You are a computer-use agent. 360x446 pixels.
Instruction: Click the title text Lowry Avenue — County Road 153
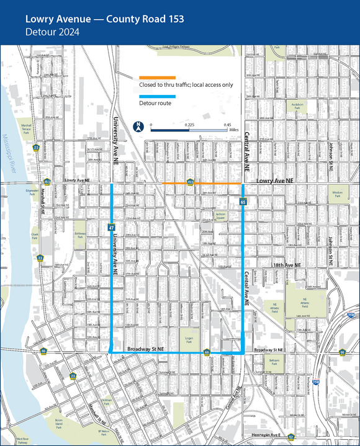click(x=104, y=19)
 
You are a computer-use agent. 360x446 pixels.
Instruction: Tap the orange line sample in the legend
click(x=158, y=77)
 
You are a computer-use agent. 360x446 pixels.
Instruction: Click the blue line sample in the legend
click(x=158, y=96)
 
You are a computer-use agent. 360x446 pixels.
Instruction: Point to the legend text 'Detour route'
click(x=155, y=104)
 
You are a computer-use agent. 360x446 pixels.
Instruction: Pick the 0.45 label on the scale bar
click(x=227, y=124)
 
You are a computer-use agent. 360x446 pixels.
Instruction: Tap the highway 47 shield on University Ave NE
click(x=110, y=228)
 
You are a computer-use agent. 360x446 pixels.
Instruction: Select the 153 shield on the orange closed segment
click(x=190, y=182)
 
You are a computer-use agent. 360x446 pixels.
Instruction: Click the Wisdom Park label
click(x=337, y=193)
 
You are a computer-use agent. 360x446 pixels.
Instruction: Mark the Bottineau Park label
click(x=79, y=234)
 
